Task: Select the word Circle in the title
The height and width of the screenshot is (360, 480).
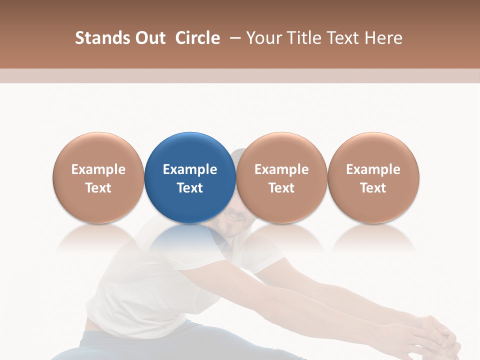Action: coord(197,38)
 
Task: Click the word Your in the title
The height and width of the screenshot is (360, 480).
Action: coord(262,38)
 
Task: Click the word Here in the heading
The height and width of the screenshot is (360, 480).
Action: coord(383,38)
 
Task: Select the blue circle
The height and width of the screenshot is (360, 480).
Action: coord(190,177)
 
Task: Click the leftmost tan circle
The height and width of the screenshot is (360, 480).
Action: coord(98,177)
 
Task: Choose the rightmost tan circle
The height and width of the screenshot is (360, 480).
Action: coord(373,177)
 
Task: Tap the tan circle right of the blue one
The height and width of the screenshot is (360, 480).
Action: coord(281,177)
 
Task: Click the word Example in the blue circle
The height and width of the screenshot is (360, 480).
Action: coord(190,169)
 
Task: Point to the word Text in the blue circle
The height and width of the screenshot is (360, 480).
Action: coord(190,188)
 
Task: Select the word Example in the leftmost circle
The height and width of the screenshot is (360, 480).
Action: coord(98,169)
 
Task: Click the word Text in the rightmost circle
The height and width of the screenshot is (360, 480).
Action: coord(373,188)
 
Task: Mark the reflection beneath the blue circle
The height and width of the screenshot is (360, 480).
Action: coord(190,240)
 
